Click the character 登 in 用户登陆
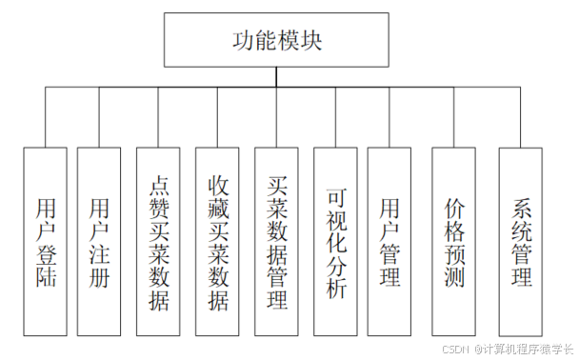click(45, 254)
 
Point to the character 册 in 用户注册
click(99, 278)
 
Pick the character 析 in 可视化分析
click(334, 290)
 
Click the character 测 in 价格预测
click(453, 278)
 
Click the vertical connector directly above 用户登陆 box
click(45, 117)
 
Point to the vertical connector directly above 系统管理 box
click(520, 117)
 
